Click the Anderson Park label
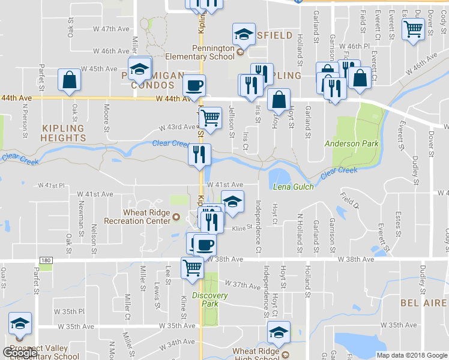click(x=351, y=143)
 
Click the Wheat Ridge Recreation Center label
click(x=133, y=217)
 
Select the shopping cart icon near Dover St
click(x=413, y=28)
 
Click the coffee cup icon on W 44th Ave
click(x=193, y=85)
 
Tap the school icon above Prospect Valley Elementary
click(x=20, y=324)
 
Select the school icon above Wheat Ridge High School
click(x=279, y=332)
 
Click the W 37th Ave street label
click(x=242, y=284)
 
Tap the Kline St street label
click(x=240, y=228)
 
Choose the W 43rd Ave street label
click(x=177, y=127)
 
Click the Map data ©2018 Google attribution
click(x=411, y=355)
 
